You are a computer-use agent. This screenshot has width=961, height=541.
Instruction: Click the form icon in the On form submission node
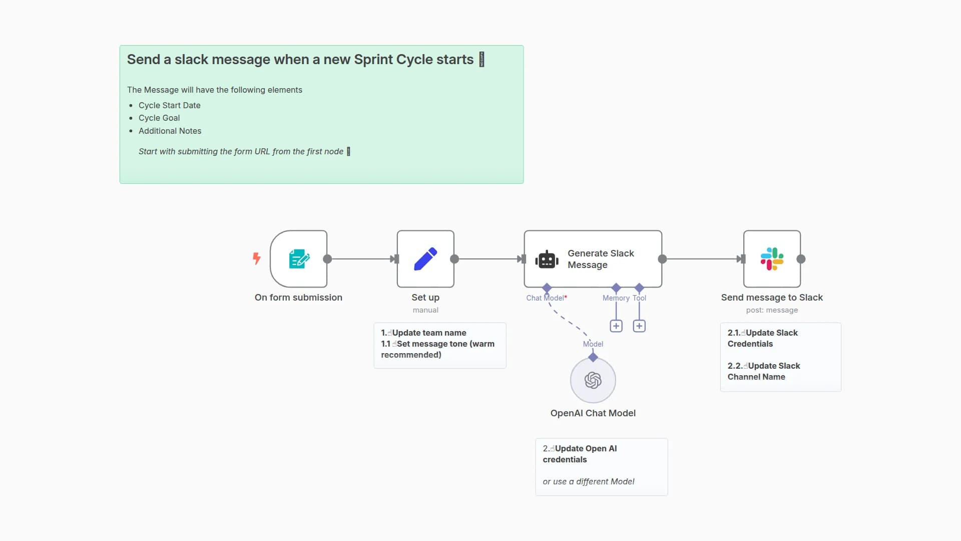click(x=299, y=259)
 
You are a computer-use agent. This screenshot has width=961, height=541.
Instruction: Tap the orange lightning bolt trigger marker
click(x=257, y=258)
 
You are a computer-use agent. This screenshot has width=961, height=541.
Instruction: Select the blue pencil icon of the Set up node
click(x=425, y=259)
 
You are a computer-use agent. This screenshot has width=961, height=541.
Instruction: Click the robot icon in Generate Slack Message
click(x=547, y=259)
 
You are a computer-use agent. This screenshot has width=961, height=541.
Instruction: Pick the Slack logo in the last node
click(x=772, y=259)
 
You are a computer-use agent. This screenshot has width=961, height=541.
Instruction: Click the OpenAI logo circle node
click(x=593, y=380)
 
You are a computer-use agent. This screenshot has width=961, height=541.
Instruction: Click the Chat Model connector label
click(x=545, y=298)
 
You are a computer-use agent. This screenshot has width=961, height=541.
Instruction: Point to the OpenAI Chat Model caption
click(x=593, y=413)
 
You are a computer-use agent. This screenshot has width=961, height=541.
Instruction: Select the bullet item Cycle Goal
click(x=159, y=118)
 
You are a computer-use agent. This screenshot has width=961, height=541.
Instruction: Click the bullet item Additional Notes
click(x=170, y=131)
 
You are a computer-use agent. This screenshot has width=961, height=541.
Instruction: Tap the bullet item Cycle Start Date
click(x=169, y=106)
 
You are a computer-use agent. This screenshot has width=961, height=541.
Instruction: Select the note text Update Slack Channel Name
click(x=763, y=371)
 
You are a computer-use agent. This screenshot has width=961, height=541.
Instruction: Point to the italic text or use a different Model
click(x=588, y=481)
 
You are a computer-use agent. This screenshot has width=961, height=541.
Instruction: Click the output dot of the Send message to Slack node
click(x=801, y=259)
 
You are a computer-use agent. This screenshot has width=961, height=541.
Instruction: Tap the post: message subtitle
click(x=772, y=310)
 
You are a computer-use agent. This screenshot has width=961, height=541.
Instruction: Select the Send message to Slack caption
click(x=772, y=298)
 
